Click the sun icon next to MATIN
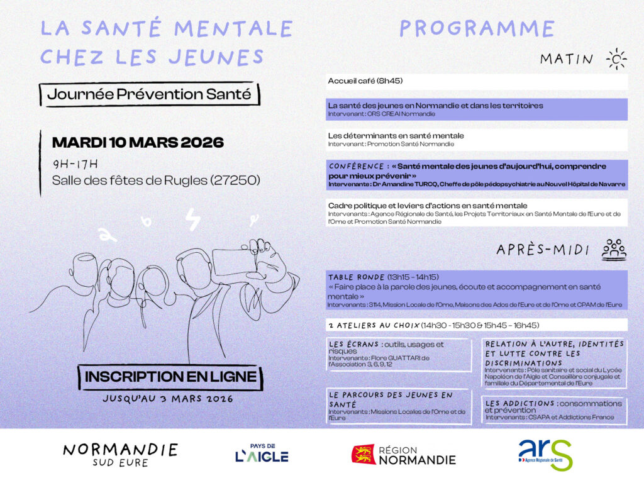point(616,59)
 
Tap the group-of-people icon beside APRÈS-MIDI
point(614,249)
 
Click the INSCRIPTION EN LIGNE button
point(170,377)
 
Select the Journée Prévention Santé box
point(148,95)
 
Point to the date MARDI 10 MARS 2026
point(138,143)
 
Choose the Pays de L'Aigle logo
point(262,453)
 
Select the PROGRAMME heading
point(477,28)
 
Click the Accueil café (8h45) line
point(365,81)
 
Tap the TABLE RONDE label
point(357,277)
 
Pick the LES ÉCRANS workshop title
point(354,344)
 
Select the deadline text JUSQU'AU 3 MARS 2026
point(167,399)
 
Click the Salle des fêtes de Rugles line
point(156,180)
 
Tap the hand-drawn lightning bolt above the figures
point(192,220)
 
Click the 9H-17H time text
point(75,164)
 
